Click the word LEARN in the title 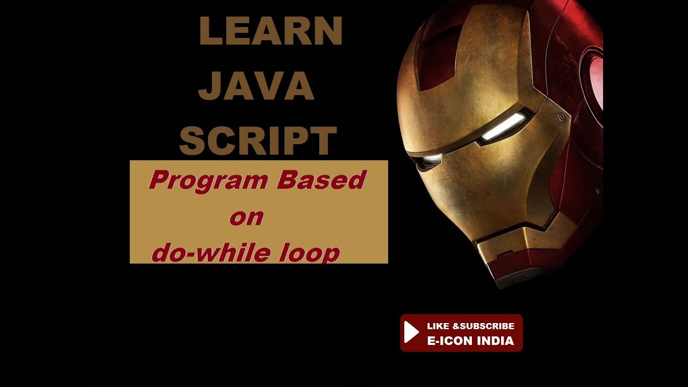(x=270, y=31)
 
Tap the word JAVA (x=256, y=86)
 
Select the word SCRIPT (x=258, y=141)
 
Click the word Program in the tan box (x=209, y=181)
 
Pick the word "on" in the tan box (x=246, y=217)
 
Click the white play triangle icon (x=411, y=332)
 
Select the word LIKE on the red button (x=438, y=326)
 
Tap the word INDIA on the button (x=494, y=341)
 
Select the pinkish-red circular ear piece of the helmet (x=596, y=81)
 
